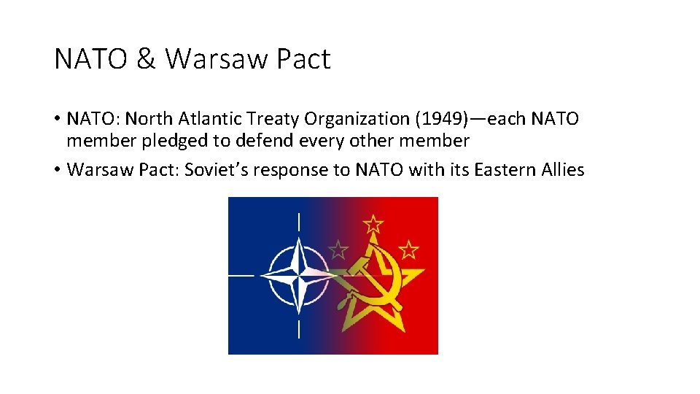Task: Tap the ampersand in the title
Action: click(x=146, y=59)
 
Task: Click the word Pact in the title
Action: click(x=303, y=59)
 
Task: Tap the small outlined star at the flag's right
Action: click(x=409, y=250)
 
